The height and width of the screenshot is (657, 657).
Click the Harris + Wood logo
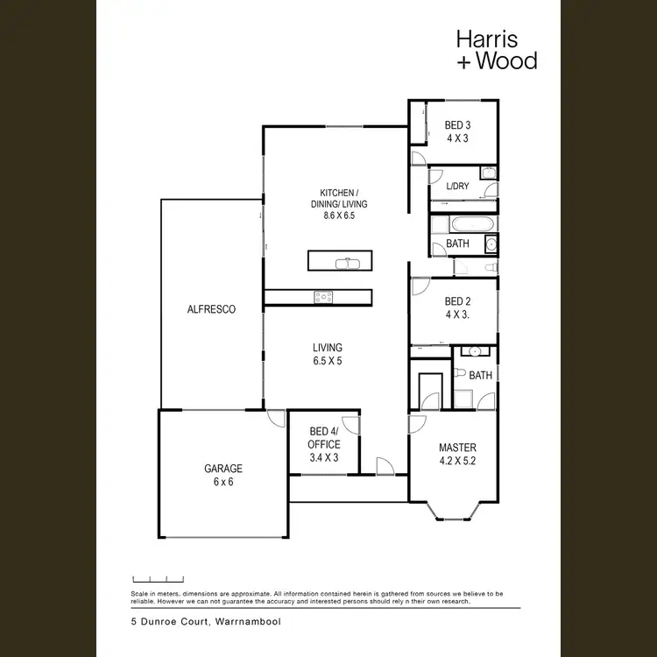497,50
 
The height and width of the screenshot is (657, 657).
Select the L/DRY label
457,186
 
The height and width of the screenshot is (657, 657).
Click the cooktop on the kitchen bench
324,297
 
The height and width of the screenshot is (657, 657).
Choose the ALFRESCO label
211,309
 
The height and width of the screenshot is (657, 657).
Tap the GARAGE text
223,468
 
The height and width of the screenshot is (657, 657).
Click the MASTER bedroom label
456,448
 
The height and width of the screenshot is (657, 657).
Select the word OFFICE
324,444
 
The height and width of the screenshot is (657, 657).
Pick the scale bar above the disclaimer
158,579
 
